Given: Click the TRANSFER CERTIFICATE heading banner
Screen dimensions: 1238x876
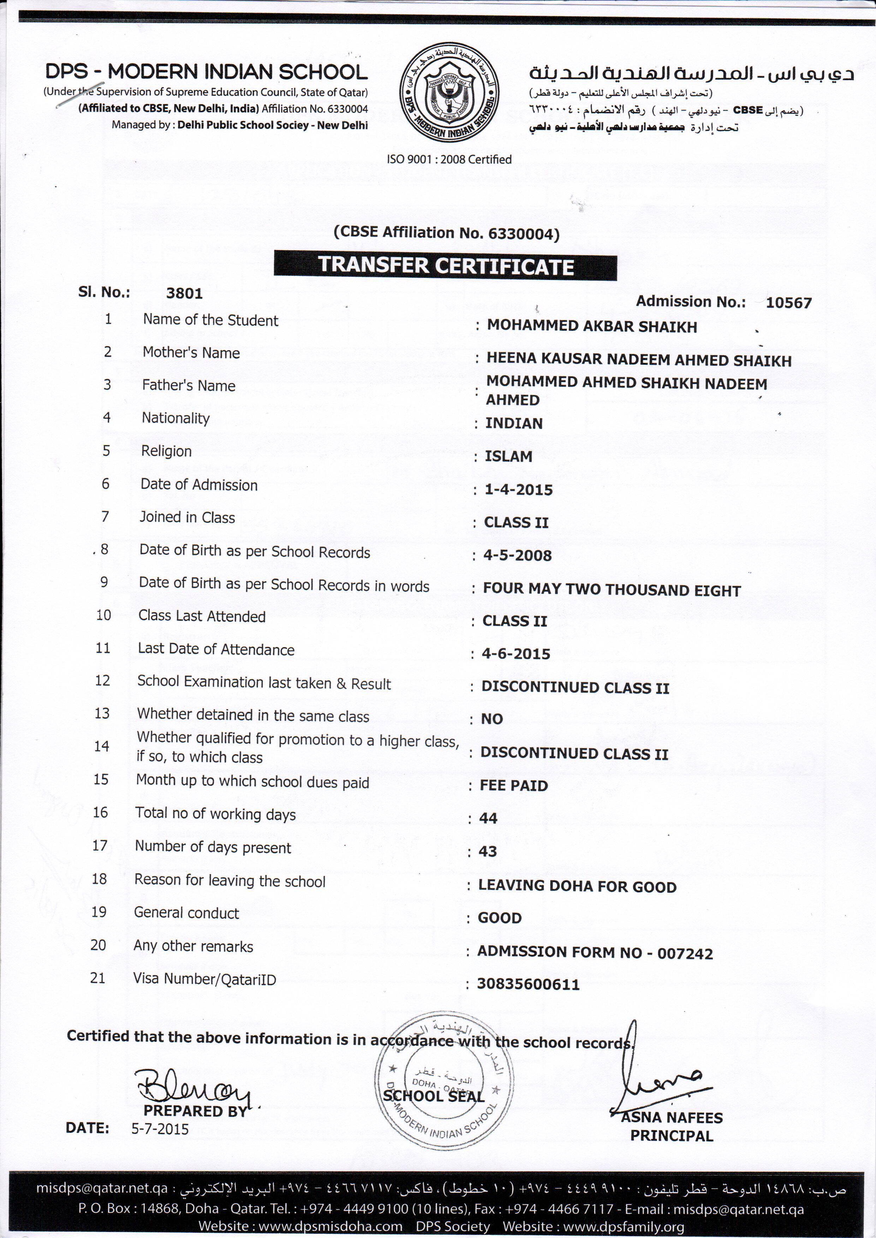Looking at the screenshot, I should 445,267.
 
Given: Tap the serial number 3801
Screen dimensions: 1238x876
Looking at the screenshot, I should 184,293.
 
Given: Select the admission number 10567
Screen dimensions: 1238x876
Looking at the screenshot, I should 789,303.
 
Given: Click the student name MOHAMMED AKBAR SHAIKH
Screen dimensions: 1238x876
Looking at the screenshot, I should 592,327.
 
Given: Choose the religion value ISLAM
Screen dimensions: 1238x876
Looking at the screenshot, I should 508,457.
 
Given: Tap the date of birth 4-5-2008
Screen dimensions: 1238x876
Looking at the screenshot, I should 517,556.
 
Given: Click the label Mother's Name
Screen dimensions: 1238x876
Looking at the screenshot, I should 191,353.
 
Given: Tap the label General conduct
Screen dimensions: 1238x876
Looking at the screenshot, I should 186,913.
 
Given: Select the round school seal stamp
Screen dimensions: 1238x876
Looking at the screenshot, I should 443,1078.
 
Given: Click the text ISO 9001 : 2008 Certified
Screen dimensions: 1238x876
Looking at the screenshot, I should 449,159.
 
